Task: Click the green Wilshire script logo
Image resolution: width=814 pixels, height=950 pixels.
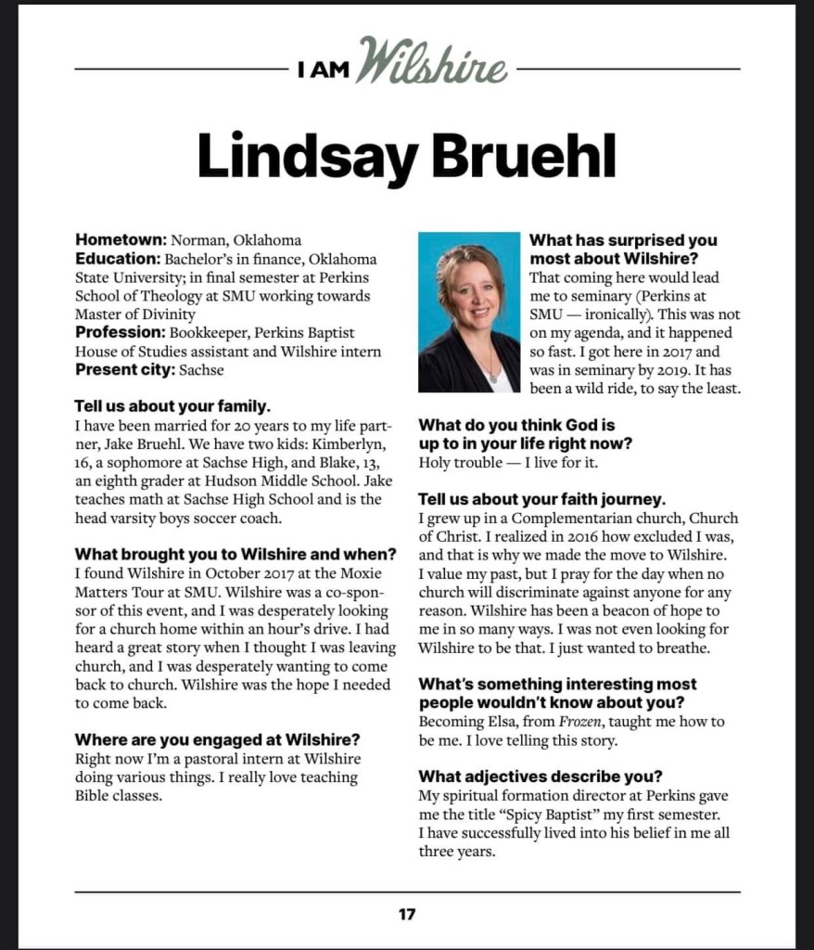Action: click(x=431, y=63)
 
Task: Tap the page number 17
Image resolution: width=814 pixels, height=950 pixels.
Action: click(x=407, y=914)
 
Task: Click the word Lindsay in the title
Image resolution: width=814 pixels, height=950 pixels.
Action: click(x=307, y=156)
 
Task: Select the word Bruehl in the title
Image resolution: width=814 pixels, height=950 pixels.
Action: click(x=525, y=156)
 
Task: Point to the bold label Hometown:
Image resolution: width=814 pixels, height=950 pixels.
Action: click(x=121, y=240)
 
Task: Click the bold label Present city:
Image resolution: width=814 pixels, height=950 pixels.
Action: click(x=126, y=370)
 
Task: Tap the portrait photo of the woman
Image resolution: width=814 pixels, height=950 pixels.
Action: click(x=469, y=312)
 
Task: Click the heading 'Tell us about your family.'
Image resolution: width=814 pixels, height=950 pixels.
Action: click(x=172, y=406)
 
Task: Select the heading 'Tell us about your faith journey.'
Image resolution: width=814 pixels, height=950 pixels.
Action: click(x=541, y=499)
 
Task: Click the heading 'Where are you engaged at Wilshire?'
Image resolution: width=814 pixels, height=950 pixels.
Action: click(x=217, y=739)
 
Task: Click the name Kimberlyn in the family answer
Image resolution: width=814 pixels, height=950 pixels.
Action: click(x=353, y=443)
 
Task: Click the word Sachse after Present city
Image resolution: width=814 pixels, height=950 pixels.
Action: click(x=201, y=370)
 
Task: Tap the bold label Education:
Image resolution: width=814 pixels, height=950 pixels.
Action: click(x=118, y=259)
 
